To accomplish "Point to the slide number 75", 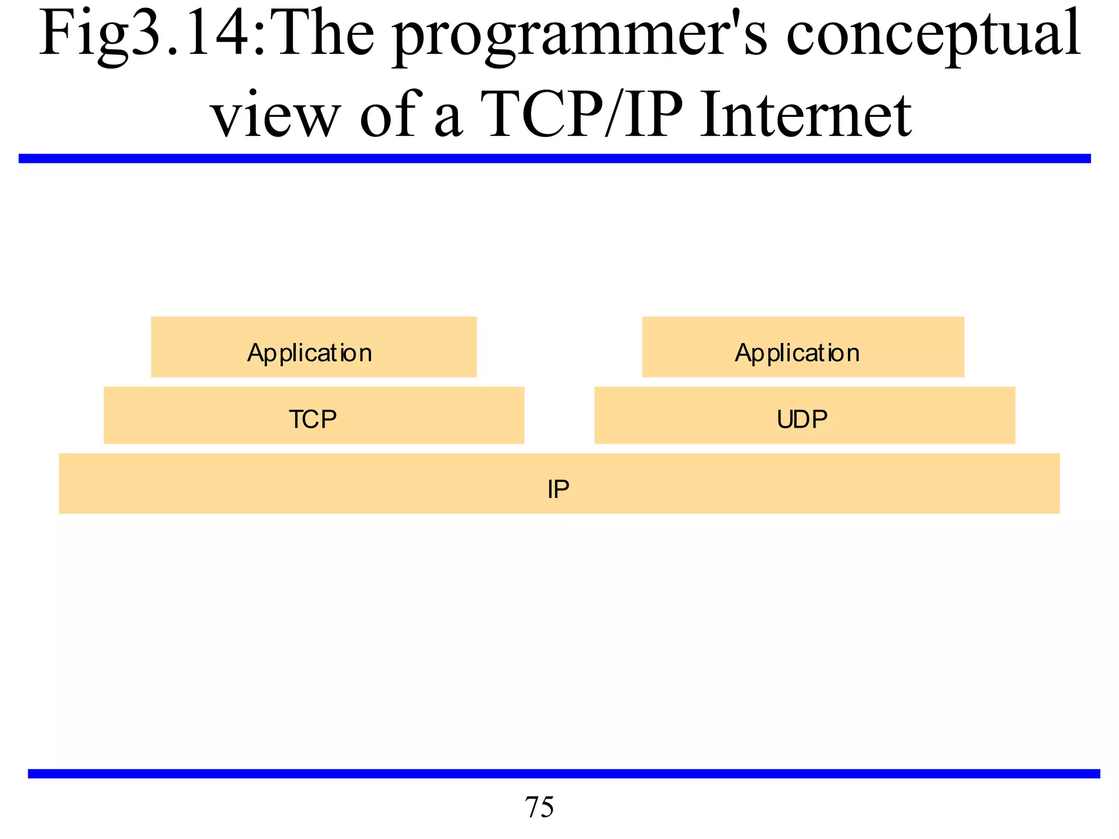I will click(x=539, y=807).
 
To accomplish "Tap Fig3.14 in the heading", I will click(x=148, y=36).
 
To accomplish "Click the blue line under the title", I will click(x=555, y=158).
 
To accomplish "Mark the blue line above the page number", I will click(x=563, y=773).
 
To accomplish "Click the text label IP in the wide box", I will click(x=558, y=489).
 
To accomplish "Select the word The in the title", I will click(x=326, y=36).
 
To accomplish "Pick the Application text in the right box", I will click(x=797, y=353).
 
